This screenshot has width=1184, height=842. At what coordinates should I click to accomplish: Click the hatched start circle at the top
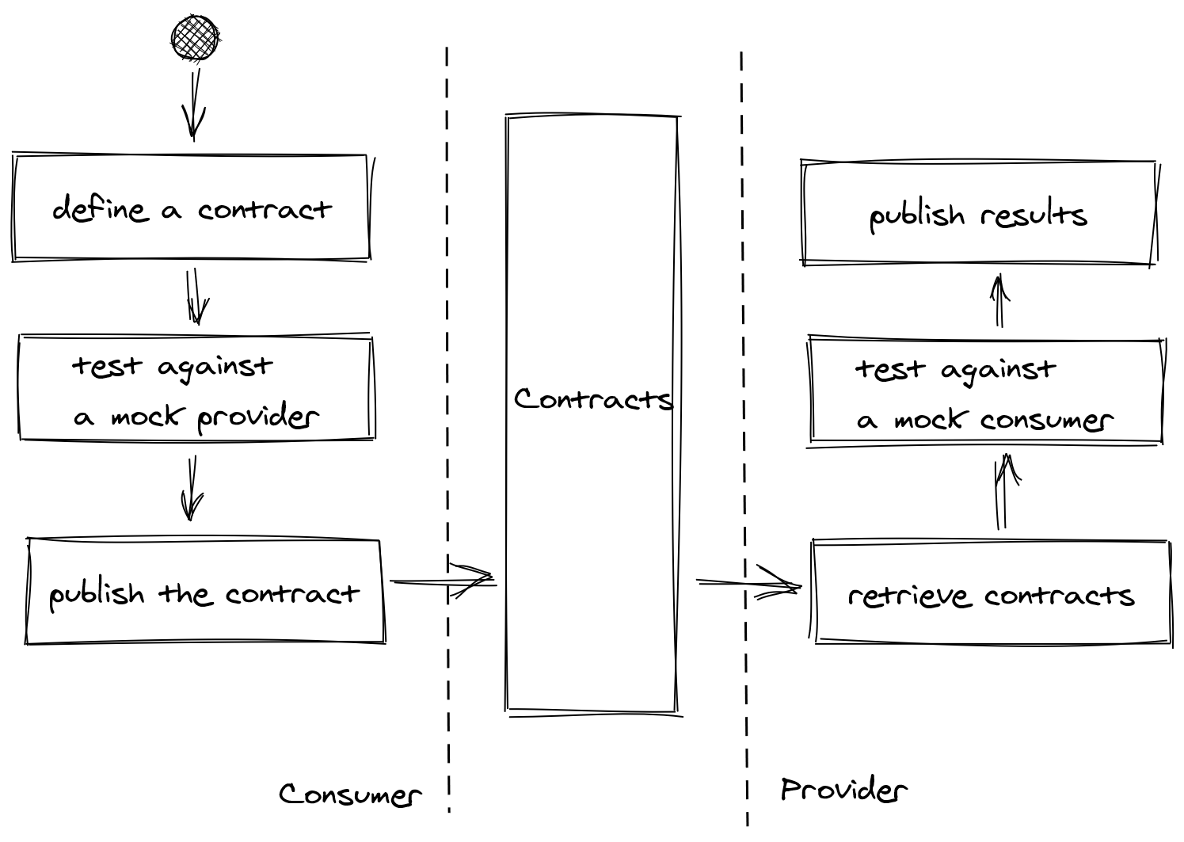[195, 38]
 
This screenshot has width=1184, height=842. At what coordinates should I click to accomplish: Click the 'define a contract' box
[191, 208]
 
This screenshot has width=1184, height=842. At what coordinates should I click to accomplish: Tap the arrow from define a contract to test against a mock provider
[196, 297]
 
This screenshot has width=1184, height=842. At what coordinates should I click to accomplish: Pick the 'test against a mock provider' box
[196, 388]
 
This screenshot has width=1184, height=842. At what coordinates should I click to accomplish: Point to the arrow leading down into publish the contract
[191, 488]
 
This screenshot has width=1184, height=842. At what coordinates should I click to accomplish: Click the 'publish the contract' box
[205, 592]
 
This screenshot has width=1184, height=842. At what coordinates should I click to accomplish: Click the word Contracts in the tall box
[592, 399]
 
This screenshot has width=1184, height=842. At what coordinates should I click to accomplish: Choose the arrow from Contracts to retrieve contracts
[748, 585]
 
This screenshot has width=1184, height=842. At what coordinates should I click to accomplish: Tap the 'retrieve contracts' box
[992, 592]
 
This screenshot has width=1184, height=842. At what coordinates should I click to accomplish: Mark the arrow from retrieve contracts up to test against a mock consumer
[1003, 491]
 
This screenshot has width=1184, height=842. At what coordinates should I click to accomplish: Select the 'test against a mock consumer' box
[985, 391]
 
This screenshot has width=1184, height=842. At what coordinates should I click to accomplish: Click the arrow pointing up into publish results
[999, 301]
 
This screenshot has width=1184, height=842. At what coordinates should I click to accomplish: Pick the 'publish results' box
[979, 214]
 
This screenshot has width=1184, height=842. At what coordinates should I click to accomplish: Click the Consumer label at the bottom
[350, 794]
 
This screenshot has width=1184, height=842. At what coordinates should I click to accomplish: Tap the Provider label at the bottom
[843, 790]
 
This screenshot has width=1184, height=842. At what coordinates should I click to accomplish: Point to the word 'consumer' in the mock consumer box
[1045, 421]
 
